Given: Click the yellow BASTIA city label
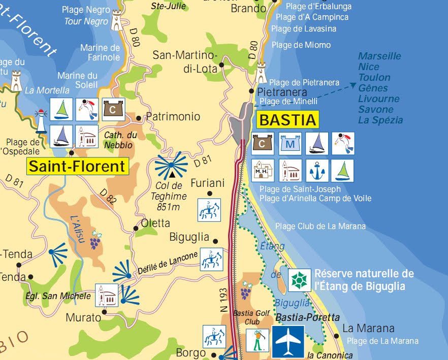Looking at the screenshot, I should [x=288, y=120].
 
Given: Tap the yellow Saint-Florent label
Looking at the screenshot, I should [x=77, y=166].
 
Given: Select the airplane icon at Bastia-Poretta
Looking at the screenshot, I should [x=288, y=342].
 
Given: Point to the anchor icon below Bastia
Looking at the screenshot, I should [x=317, y=171].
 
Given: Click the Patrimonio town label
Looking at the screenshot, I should [x=173, y=117].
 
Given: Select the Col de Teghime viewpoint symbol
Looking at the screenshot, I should [x=172, y=167].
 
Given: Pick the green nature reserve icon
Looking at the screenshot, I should [x=300, y=280].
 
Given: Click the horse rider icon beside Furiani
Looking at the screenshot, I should [x=209, y=210].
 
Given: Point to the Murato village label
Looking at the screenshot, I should [x=83, y=318].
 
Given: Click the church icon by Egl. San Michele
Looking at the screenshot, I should [x=107, y=296].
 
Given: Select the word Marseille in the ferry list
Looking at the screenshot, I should [x=379, y=56].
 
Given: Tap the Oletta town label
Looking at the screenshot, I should [x=155, y=223].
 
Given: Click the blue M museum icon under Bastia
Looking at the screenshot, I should [x=291, y=144].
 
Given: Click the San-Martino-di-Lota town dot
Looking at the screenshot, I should [x=222, y=66].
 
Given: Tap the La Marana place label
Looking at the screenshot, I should [x=361, y=329].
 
